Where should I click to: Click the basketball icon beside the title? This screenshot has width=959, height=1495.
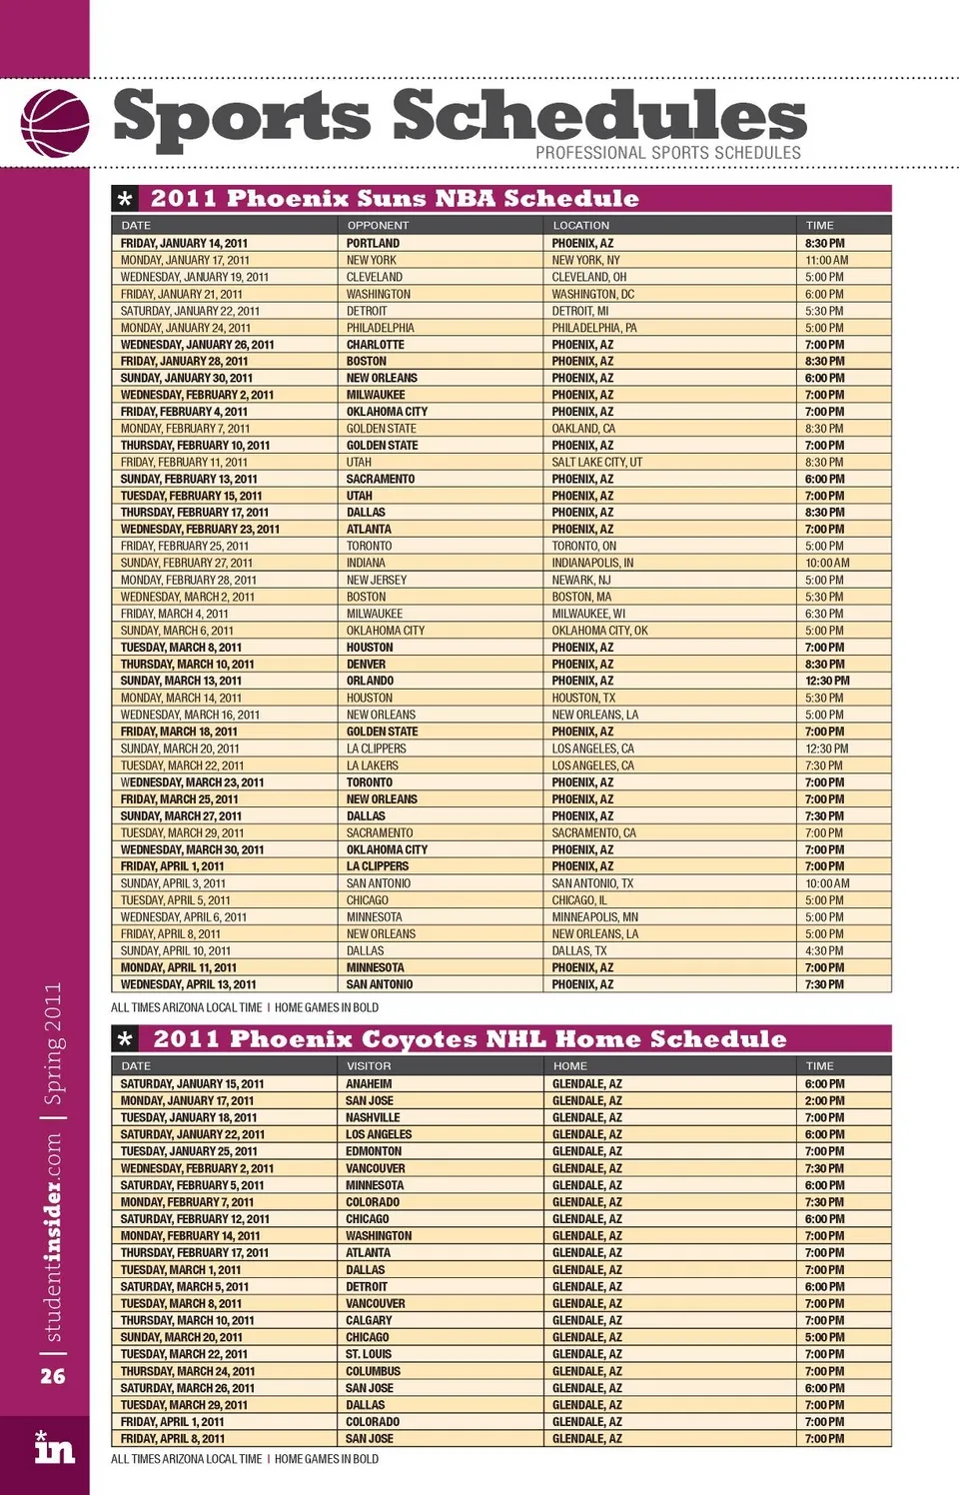pyautogui.click(x=55, y=123)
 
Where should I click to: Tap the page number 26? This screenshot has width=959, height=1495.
pyautogui.click(x=53, y=1376)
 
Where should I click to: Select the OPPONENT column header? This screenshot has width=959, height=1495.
pyautogui.click(x=378, y=226)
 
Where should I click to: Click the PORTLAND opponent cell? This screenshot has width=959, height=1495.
pyautogui.click(x=373, y=243)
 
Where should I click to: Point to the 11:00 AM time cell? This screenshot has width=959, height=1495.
pyautogui.click(x=826, y=260)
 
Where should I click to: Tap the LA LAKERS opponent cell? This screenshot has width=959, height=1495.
pyautogui.click(x=372, y=765)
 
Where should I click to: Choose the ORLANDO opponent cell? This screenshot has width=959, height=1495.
pyautogui.click(x=370, y=681)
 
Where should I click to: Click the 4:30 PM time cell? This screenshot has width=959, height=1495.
pyautogui.click(x=824, y=950)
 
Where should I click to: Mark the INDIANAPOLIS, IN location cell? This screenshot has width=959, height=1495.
pyautogui.click(x=592, y=563)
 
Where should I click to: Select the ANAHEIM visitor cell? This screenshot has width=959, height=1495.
pyautogui.click(x=369, y=1083)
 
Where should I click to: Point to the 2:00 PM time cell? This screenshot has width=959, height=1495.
pyautogui.click(x=824, y=1100)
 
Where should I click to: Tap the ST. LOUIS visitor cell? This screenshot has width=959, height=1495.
pyautogui.click(x=369, y=1354)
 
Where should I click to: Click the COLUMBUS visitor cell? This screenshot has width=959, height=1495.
pyautogui.click(x=373, y=1371)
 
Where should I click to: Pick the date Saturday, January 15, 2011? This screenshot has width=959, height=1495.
pyautogui.click(x=192, y=1083)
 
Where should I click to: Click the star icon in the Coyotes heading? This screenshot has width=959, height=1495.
pyautogui.click(x=125, y=1039)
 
